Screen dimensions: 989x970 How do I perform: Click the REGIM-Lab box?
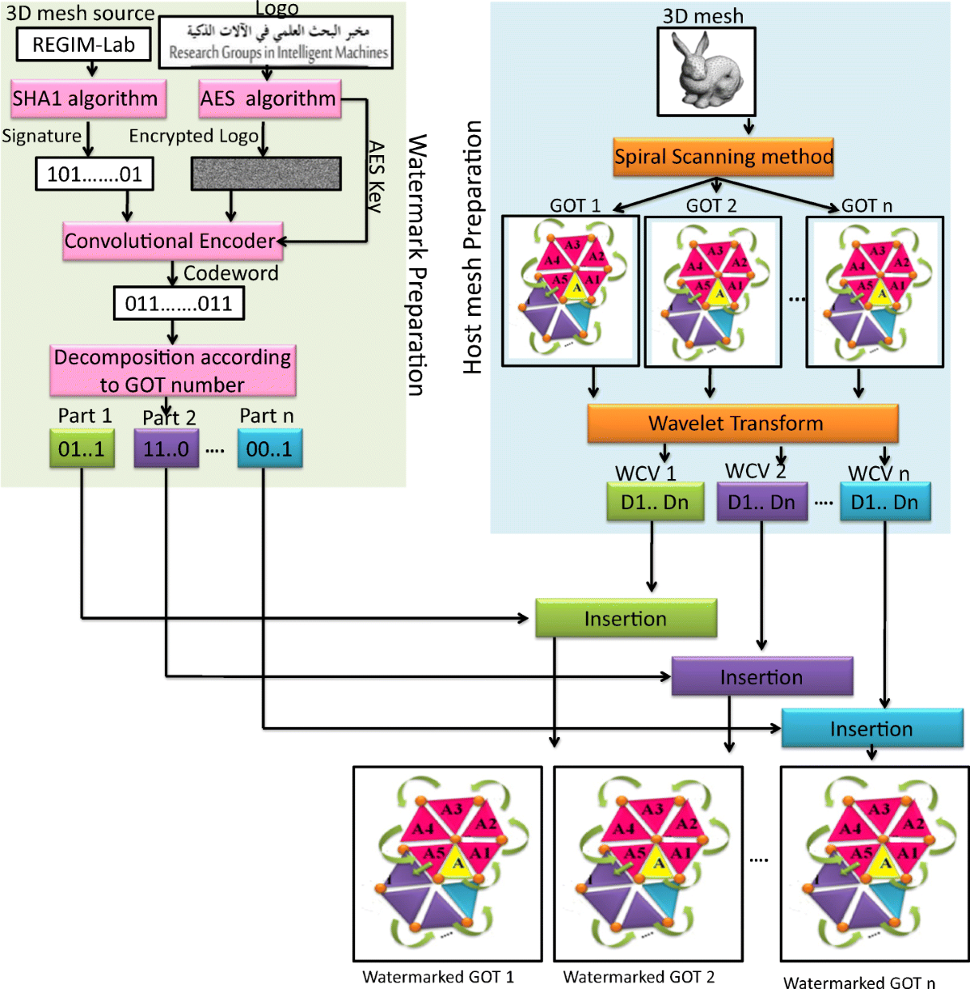83,45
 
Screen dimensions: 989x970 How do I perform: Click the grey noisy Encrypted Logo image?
266,174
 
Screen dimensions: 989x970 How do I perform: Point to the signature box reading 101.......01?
95,174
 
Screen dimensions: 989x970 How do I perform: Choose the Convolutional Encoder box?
173,241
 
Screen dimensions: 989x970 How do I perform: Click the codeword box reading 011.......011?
179,304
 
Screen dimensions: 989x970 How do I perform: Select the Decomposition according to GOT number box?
173,370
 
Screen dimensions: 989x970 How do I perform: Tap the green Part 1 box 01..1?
82,449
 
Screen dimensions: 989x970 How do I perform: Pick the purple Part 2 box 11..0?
167,449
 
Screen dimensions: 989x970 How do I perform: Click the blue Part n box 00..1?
270,449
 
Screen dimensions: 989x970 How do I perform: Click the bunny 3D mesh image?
706,72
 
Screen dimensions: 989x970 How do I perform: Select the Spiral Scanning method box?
723,157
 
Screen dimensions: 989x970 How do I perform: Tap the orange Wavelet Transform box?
742,423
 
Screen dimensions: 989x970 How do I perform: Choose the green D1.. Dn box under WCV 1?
655,502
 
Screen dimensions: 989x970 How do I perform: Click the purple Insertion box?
761,677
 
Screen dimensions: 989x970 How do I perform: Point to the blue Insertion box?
871,729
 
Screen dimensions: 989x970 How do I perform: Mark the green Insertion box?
626,619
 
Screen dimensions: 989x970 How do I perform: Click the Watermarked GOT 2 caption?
639,977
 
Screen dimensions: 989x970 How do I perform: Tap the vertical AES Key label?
376,176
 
